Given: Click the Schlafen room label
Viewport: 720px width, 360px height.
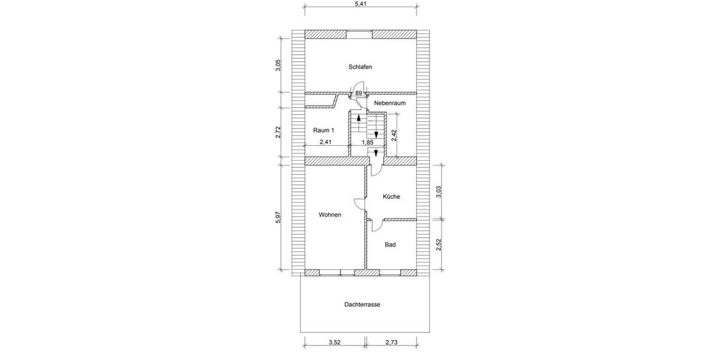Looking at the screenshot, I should (x=360, y=67).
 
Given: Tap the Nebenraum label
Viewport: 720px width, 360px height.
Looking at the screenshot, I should (x=390, y=103).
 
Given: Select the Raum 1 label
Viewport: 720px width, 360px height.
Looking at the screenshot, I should (x=323, y=130).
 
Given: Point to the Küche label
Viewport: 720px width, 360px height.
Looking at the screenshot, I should (x=391, y=197).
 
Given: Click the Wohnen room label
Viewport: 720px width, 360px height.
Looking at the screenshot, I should (x=330, y=215).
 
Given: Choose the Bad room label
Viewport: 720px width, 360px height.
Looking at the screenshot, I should (x=390, y=245).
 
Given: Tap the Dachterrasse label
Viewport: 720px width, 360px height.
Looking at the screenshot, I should (x=362, y=305).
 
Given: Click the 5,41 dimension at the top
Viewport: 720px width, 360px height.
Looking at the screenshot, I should (x=361, y=4).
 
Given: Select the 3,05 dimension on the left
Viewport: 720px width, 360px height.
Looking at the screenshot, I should (x=278, y=66).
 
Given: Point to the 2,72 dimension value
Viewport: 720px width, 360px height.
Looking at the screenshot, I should (x=278, y=133).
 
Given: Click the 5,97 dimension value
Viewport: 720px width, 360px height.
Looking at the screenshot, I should (x=278, y=218).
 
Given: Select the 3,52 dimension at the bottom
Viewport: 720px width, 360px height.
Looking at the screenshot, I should (x=335, y=343).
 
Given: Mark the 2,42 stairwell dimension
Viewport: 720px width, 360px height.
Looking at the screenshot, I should (x=394, y=135).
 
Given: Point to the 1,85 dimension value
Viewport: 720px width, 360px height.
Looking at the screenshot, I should (x=367, y=143).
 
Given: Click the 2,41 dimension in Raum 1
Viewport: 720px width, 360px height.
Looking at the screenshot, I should (x=325, y=142).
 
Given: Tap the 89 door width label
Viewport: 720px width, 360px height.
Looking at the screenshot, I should (x=358, y=93).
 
